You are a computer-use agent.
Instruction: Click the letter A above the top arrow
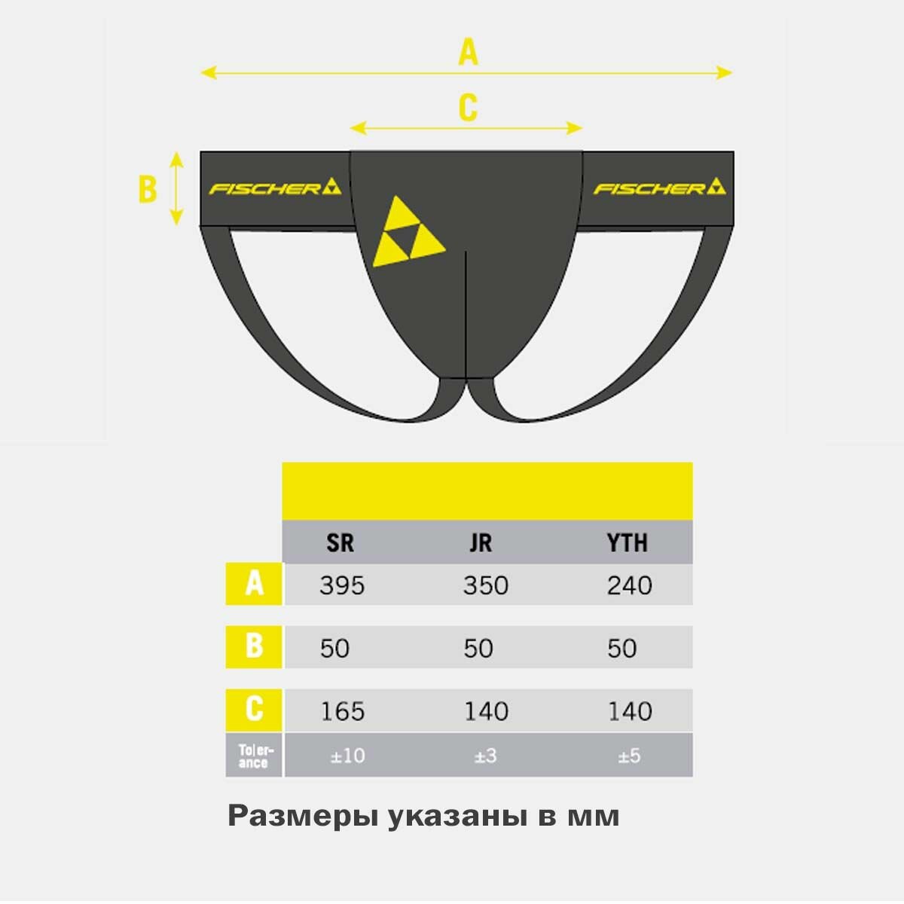pos(469,52)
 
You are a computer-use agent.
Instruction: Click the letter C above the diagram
pos(468,108)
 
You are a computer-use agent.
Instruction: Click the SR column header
pos(340,542)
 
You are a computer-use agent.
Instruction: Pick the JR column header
pos(481,542)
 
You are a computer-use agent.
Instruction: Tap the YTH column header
pos(627,542)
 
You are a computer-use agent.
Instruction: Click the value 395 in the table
pos(341,585)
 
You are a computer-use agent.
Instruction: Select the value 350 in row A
pos(485,585)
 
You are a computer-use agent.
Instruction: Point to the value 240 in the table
pos(629,585)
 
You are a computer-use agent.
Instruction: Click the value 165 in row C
pos(343,711)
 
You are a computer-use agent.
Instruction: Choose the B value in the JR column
pos(478,649)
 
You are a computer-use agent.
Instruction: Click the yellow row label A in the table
pos(255,584)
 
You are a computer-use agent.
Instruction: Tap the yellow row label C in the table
pos(255,710)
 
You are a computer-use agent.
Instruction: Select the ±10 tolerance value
pos(347,756)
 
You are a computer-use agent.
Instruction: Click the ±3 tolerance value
pos(486,756)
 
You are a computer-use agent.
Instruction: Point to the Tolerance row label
pos(254,756)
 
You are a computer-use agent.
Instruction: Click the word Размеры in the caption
pos(302,816)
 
